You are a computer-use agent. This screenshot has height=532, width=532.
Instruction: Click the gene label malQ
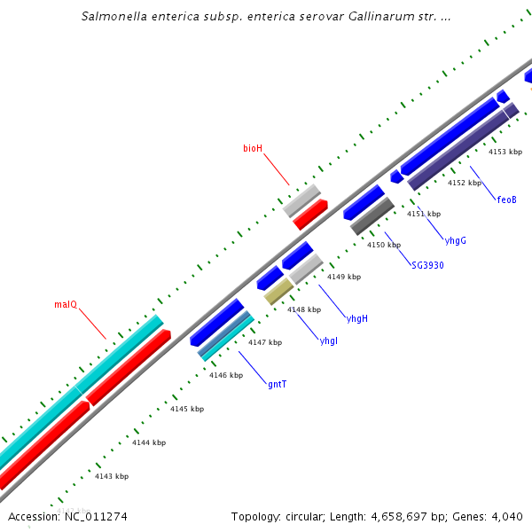(x=66, y=305)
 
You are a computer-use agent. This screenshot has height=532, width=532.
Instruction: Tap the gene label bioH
(x=253, y=148)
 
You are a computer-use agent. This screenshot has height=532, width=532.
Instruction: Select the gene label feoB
(x=506, y=199)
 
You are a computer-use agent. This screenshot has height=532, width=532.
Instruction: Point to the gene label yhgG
(x=455, y=240)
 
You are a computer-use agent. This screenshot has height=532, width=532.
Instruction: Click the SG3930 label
(x=427, y=265)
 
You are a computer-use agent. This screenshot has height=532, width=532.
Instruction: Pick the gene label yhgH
(x=357, y=318)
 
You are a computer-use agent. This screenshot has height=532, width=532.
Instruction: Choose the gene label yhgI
(x=328, y=341)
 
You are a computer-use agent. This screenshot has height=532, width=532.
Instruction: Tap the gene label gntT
(x=277, y=384)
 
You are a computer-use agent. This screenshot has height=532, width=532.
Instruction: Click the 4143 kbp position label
(x=112, y=476)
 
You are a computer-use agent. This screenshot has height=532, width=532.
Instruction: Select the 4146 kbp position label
(x=226, y=375)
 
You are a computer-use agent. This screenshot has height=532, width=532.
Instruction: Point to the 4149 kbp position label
(x=344, y=277)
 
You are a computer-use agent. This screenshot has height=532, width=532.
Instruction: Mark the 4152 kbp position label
(x=465, y=183)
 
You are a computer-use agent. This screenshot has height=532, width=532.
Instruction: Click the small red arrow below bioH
(x=310, y=214)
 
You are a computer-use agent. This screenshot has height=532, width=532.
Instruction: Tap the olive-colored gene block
(x=278, y=291)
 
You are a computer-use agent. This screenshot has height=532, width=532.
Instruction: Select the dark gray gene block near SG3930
(x=372, y=215)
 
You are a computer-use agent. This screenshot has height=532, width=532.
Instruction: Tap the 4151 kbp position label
(x=424, y=214)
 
